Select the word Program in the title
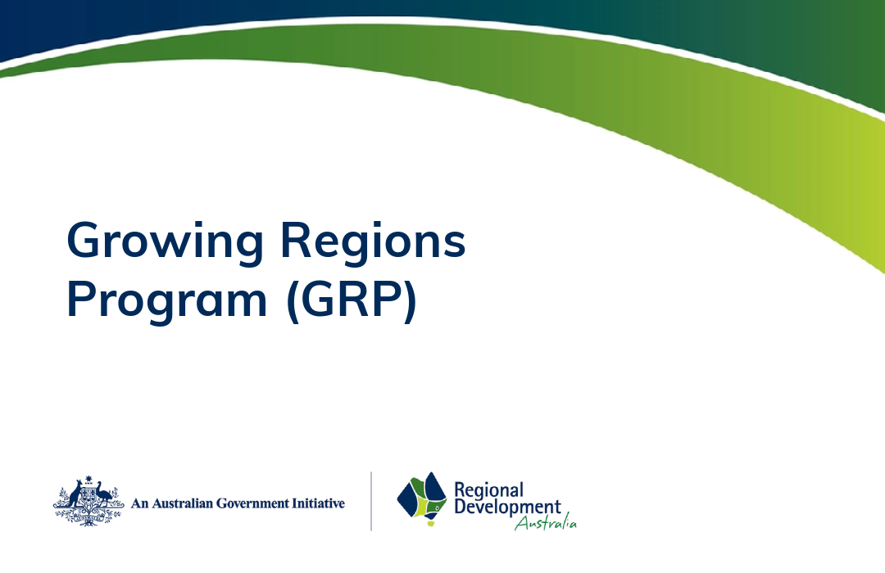(x=167, y=301)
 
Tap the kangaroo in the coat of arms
(x=73, y=496)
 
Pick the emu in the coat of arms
(x=103, y=496)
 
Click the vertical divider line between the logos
(x=371, y=500)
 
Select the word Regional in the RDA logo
(x=488, y=490)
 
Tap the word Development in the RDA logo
(x=507, y=508)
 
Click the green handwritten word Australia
(x=546, y=523)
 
